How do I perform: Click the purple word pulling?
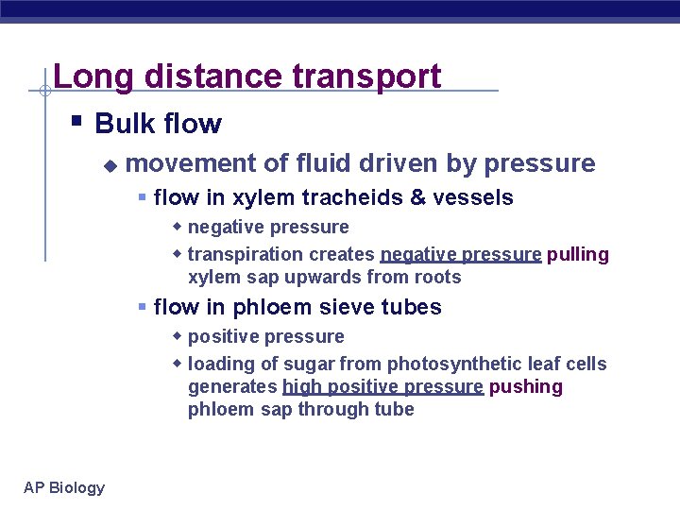[578, 254]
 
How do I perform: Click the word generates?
[232, 386]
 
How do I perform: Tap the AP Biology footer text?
[64, 487]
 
